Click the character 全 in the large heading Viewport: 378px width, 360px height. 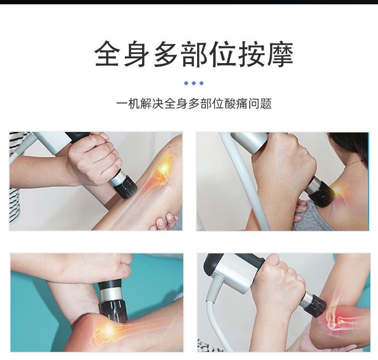tap(107, 54)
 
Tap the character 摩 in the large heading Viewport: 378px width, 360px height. tap(280, 54)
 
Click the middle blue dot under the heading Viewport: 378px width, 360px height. tap(194, 83)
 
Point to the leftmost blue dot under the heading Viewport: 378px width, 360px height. tap(186, 83)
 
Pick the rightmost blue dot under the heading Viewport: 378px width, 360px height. tap(201, 83)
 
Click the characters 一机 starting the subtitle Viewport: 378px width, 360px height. tap(128, 104)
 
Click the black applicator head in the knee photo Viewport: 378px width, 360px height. tap(125, 186)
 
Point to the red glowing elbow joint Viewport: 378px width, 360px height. tap(336, 320)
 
